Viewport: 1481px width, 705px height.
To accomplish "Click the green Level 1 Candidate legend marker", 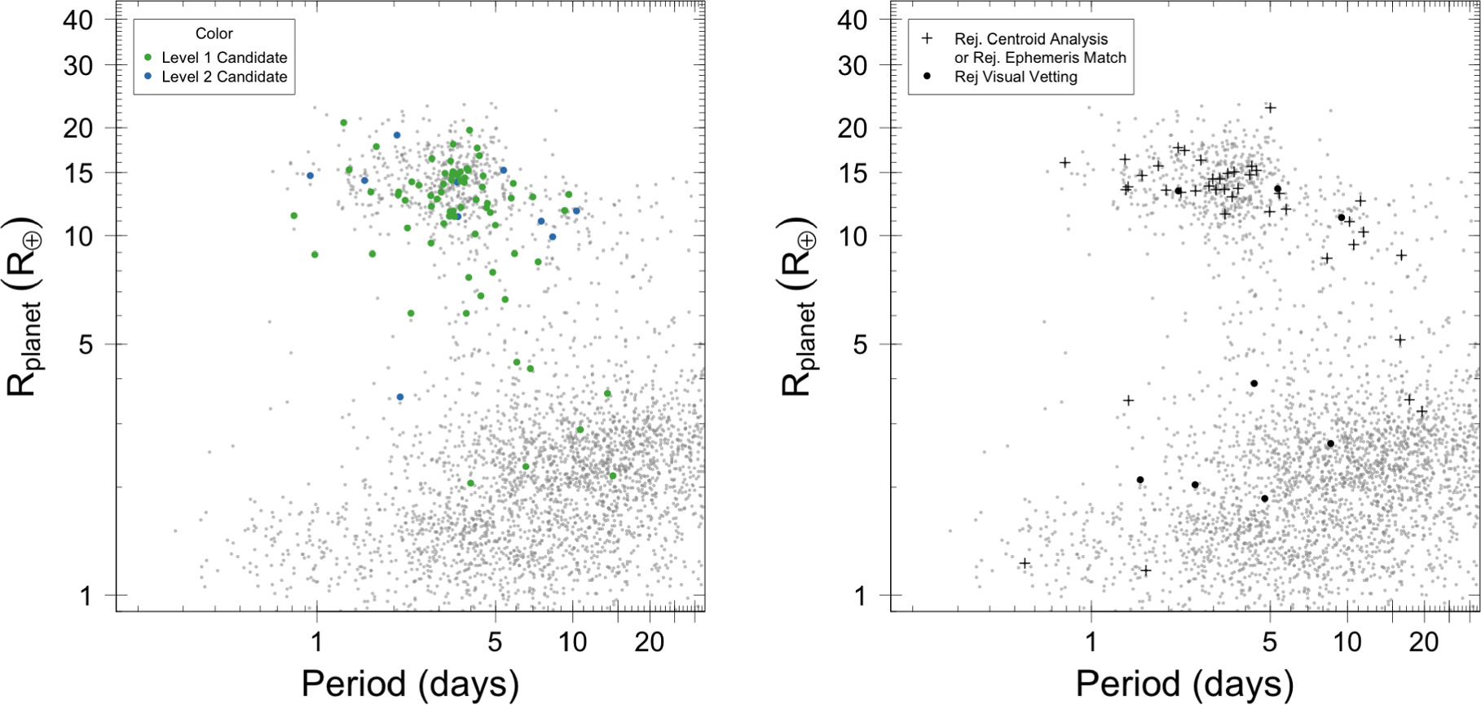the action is (x=148, y=57).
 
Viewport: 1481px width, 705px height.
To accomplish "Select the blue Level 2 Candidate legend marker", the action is (x=148, y=76).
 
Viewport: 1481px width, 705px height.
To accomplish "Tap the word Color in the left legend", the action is (x=214, y=33).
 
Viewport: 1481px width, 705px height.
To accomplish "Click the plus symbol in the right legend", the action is (x=927, y=38).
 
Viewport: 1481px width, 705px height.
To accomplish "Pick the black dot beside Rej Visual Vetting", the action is (x=927, y=76).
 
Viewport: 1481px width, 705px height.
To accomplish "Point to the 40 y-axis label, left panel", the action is (x=78, y=20).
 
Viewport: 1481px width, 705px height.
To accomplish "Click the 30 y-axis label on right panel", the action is (x=853, y=65).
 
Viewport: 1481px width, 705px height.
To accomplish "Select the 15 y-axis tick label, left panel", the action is (x=78, y=173).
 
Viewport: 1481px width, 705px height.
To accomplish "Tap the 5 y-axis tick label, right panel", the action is (x=861, y=344).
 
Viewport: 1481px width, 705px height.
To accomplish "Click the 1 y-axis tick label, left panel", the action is (x=86, y=596).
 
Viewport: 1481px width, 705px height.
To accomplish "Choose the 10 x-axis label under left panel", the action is (x=572, y=642).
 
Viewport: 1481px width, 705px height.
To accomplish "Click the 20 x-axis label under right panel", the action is (x=1424, y=642).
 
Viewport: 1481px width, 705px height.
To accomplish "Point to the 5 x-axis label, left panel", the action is (x=495, y=642).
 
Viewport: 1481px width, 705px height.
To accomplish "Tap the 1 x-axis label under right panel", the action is (x=1091, y=642).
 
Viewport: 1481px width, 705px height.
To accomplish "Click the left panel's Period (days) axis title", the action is (x=410, y=683).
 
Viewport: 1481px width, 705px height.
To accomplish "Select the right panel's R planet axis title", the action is (x=800, y=307).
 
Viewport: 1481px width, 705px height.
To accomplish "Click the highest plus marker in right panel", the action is (x=1270, y=108).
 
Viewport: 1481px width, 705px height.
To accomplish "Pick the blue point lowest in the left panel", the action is (x=400, y=397).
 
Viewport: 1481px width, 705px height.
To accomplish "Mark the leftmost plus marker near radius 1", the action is (x=1025, y=563).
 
